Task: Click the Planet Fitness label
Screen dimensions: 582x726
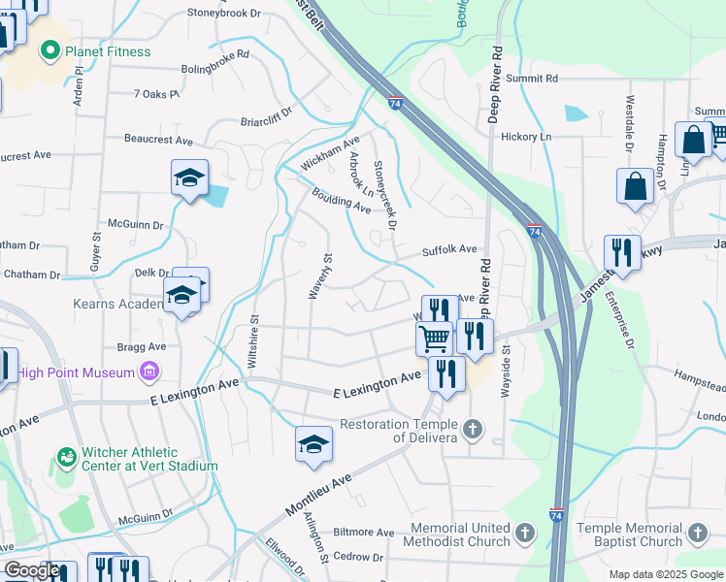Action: pos(108,51)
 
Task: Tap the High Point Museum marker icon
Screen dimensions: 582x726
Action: pos(148,370)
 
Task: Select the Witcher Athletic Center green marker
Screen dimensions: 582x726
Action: pos(67,456)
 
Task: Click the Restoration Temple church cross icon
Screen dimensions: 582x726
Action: pos(473,428)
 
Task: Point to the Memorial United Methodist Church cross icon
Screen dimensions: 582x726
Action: pos(525,533)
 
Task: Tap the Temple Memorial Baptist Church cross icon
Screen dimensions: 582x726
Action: pos(696,532)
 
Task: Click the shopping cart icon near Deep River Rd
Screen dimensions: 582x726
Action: pos(434,339)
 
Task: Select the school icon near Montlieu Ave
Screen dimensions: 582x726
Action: pos(313,443)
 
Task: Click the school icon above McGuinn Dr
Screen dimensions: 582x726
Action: pos(190,178)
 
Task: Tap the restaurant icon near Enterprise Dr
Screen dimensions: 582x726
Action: pos(622,252)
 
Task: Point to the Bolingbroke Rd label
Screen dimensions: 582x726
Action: pos(214,70)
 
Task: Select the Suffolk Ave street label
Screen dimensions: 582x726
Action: pos(449,249)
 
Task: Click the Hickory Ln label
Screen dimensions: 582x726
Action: pos(525,137)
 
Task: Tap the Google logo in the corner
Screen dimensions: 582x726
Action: pos(31,570)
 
